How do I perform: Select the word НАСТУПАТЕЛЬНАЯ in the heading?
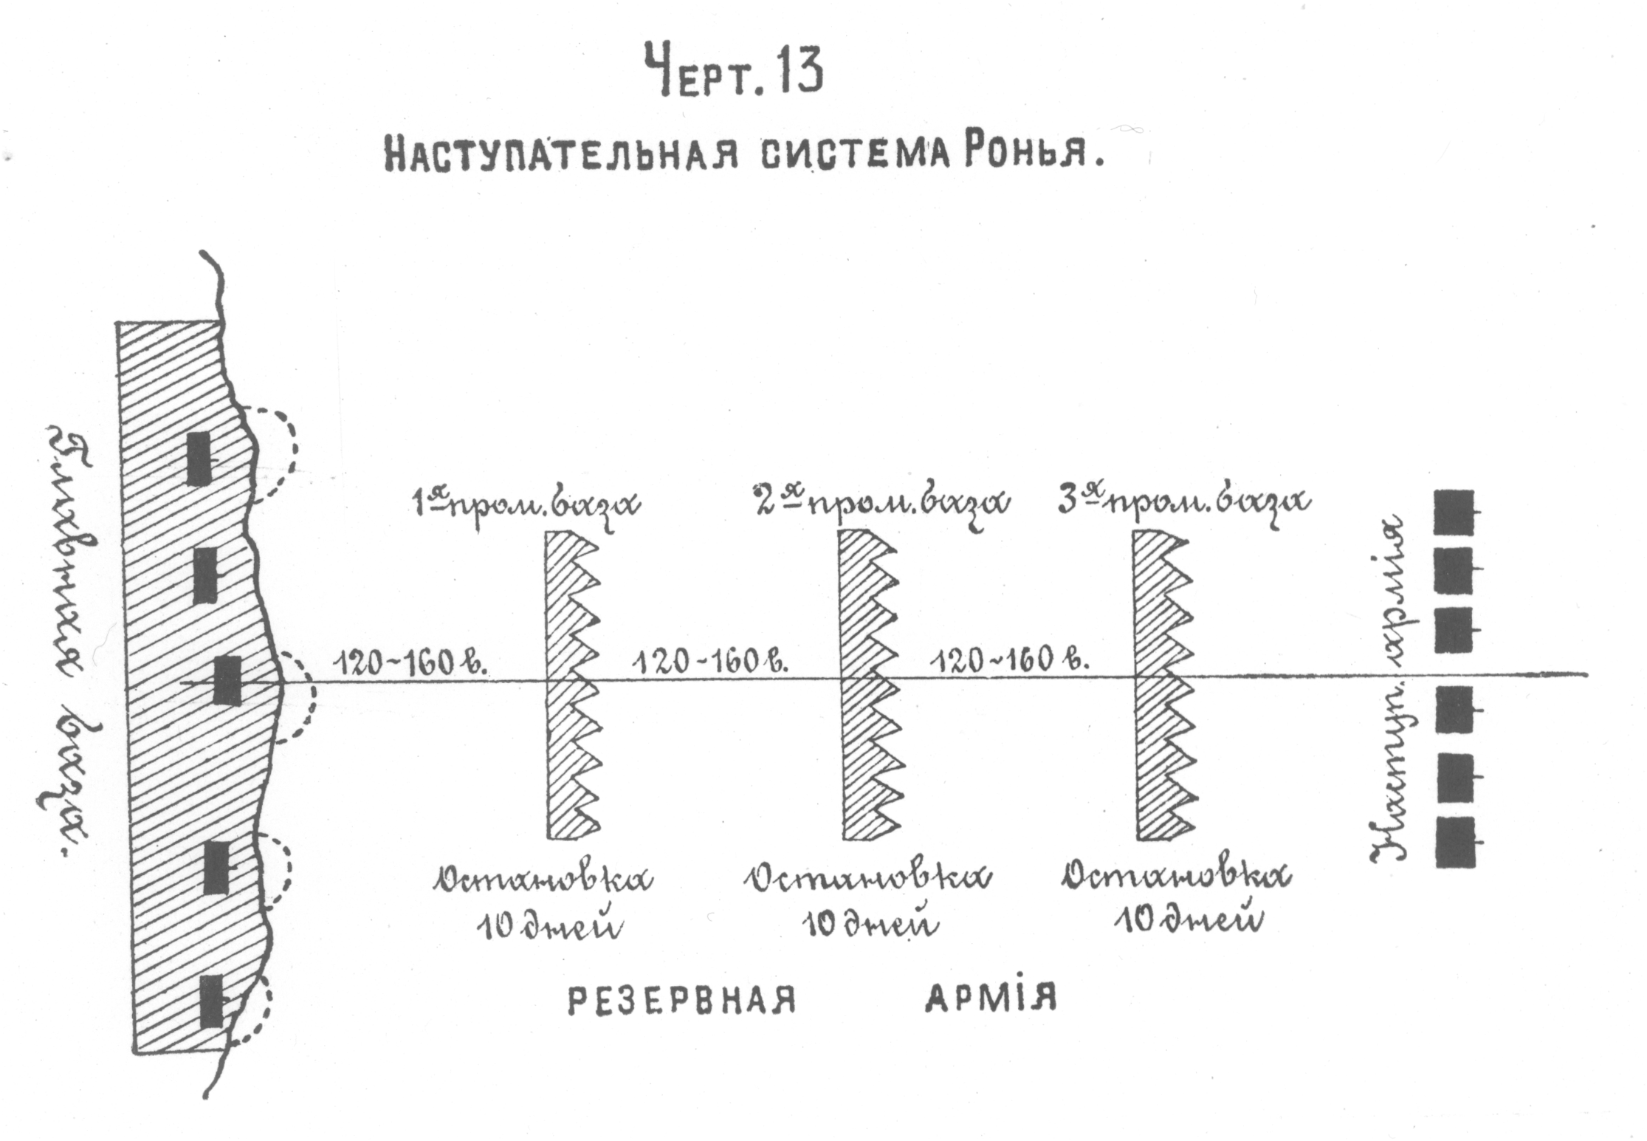point(561,156)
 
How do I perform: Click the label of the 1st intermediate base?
point(525,504)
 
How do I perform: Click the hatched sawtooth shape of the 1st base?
point(569,684)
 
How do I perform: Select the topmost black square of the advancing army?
point(1454,513)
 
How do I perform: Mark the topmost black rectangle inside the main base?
point(197,459)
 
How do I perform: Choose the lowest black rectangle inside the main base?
point(212,1001)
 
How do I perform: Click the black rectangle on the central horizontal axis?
point(227,679)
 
